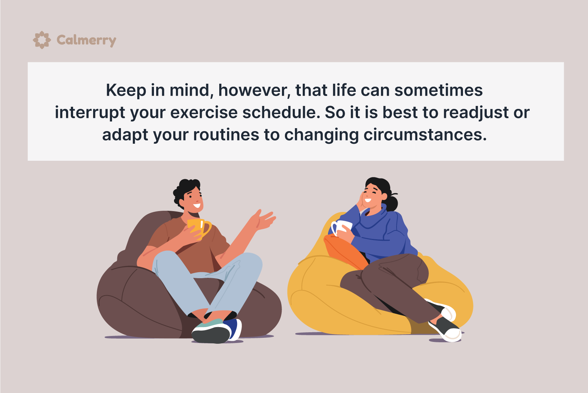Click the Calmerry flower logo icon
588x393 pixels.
[x=42, y=40]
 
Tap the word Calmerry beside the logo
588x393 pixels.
[x=86, y=40]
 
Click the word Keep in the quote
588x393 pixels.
[x=126, y=90]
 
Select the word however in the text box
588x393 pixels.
[x=254, y=90]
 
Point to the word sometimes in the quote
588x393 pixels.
[x=438, y=90]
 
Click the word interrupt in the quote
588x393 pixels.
[x=90, y=113]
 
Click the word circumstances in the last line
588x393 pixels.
[x=425, y=135]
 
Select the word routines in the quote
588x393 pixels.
[x=226, y=135]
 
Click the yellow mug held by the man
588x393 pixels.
[x=199, y=229]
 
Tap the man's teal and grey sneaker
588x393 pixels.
[x=211, y=331]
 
